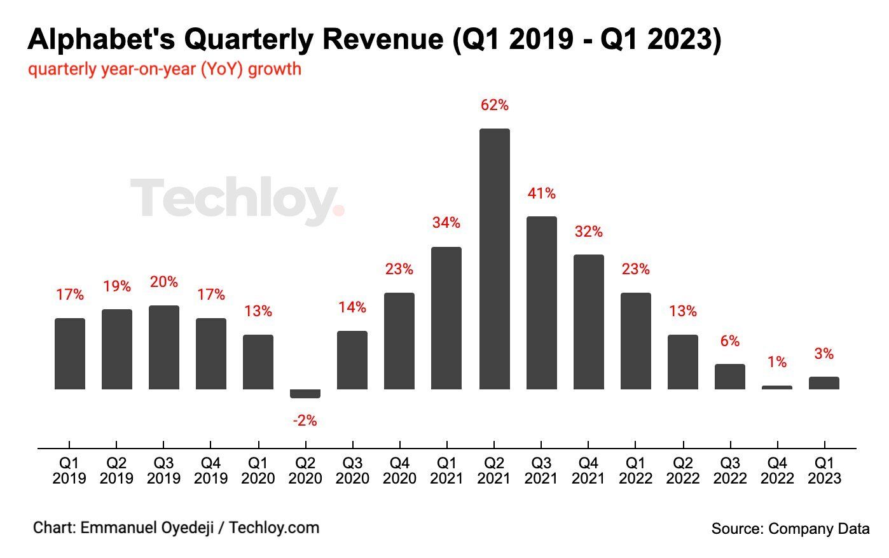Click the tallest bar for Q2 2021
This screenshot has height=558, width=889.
494,259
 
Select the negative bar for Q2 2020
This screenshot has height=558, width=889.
305,394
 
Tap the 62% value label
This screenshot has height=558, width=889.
494,106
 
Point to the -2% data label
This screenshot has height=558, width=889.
305,421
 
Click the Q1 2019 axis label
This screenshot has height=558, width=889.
69,471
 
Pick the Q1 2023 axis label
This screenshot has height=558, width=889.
824,471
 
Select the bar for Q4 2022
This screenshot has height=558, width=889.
777,387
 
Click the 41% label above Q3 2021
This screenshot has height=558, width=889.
541,193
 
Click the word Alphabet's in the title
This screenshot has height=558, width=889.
102,39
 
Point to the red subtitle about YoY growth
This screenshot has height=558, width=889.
165,69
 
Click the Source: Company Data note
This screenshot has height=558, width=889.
790,528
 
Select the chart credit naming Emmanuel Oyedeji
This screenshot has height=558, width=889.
176,527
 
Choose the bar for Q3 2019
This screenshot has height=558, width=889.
164,347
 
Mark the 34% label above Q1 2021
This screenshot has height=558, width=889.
446,223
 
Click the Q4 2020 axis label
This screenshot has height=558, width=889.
399,471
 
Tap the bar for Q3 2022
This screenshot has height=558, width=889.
730,377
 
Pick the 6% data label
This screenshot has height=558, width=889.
730,342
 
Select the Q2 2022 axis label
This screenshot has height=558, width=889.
683,471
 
